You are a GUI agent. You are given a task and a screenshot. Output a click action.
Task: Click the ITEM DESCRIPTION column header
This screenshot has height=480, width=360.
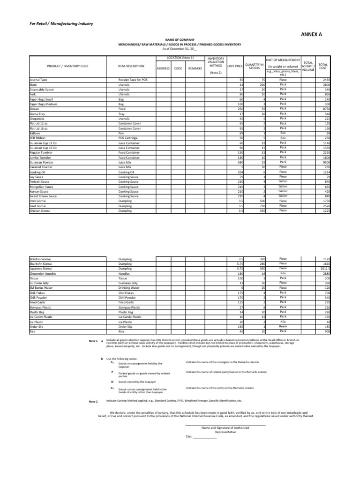click(131, 67)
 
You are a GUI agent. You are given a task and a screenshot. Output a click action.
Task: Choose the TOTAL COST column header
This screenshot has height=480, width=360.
click(323, 67)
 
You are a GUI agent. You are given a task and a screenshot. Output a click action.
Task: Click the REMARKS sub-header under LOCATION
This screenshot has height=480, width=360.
click(195, 68)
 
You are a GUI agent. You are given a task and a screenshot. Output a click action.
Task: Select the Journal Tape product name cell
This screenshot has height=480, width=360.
click(37, 80)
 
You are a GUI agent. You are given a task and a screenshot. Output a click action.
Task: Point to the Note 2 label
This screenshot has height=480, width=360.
click(94, 401)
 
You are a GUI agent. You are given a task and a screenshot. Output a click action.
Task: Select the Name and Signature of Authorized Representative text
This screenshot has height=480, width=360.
click(225, 430)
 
